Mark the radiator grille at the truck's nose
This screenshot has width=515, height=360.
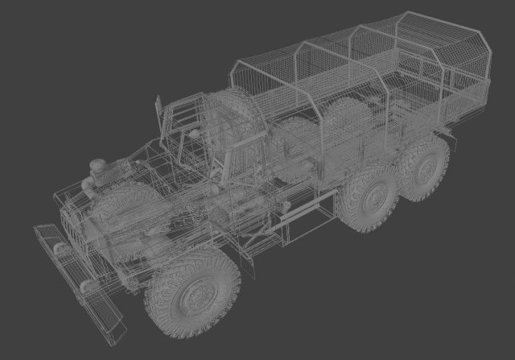(76, 226)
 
